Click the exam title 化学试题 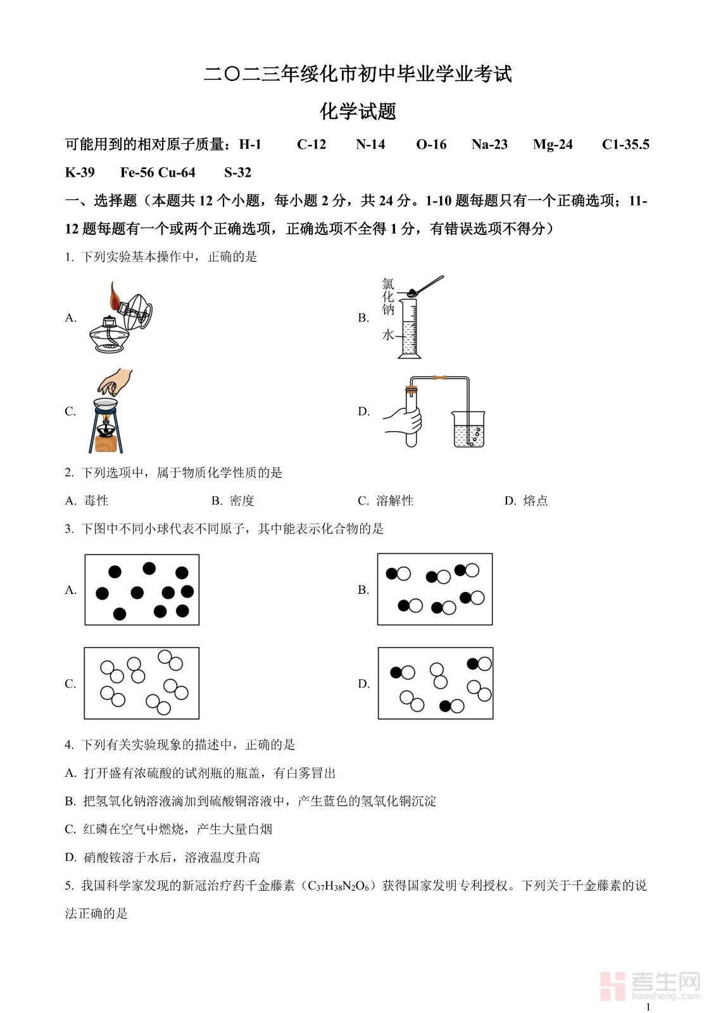(358, 111)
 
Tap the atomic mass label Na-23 (489, 144)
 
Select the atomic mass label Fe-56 (137, 172)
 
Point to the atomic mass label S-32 (237, 172)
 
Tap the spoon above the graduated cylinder (427, 285)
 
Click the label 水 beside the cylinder (387, 335)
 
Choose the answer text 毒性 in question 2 (96, 501)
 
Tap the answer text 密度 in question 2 (242, 501)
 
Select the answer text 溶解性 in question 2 (394, 501)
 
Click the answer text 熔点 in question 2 (536, 501)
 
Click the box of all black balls (142, 589)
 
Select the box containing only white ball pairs (142, 683)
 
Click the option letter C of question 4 (70, 829)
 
